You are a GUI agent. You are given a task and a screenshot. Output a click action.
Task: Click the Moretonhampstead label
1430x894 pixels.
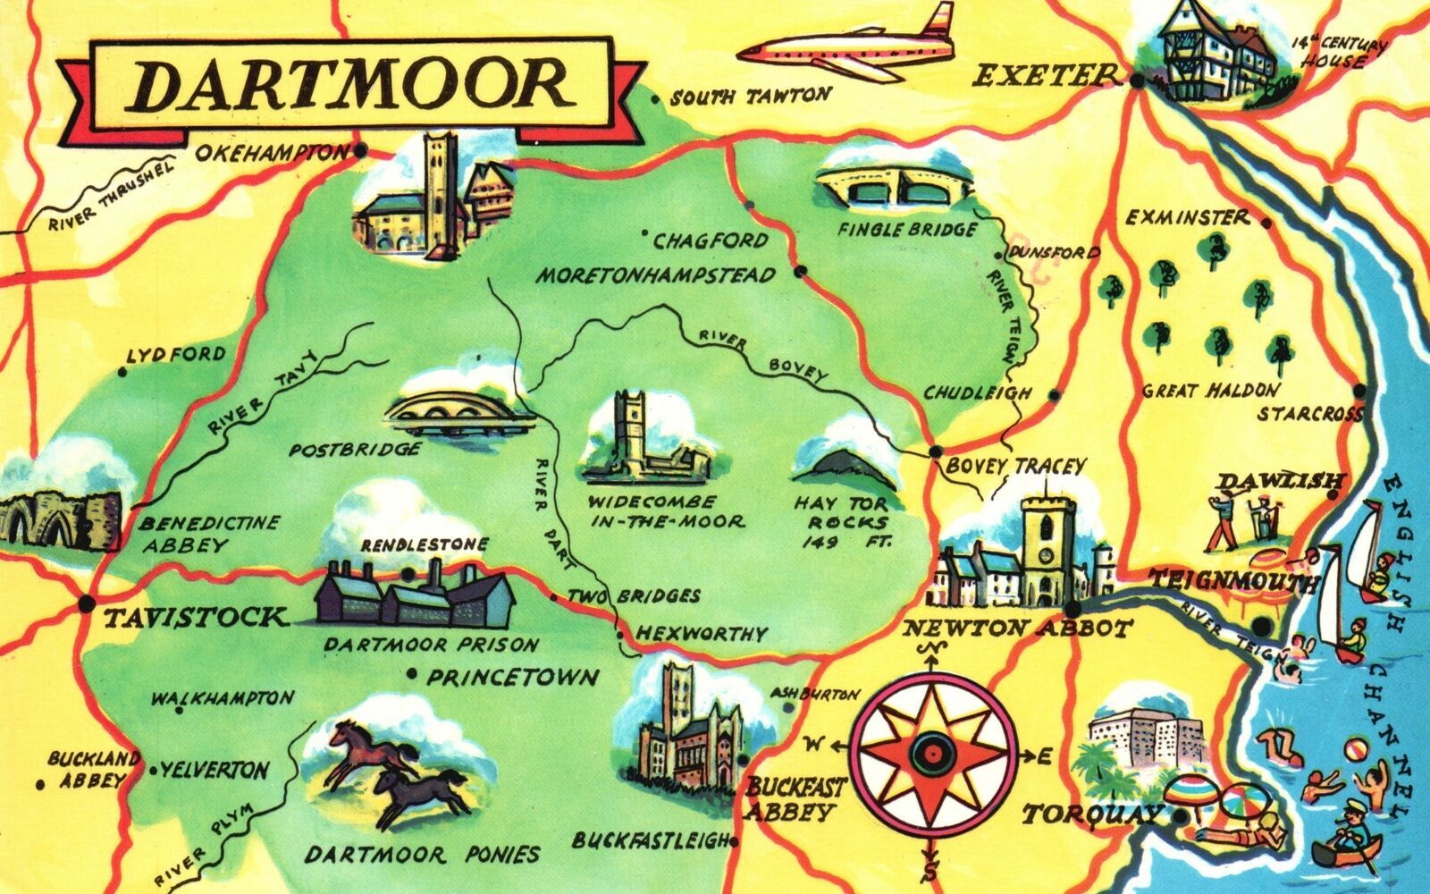coord(655,276)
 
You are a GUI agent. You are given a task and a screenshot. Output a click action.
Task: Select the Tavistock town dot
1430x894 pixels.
coord(86,603)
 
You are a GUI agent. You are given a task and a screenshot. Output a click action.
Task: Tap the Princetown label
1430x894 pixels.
coord(512,677)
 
